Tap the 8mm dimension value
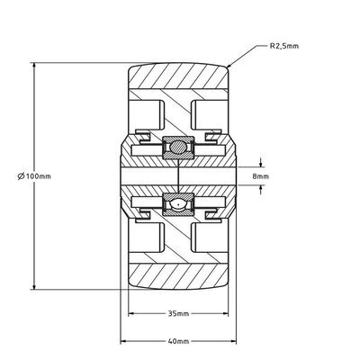[261, 176]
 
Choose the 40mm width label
[178, 343]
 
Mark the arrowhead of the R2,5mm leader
[231, 67]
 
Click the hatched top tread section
[178, 87]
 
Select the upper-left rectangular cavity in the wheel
[152, 113]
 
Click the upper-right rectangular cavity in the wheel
[206, 113]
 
